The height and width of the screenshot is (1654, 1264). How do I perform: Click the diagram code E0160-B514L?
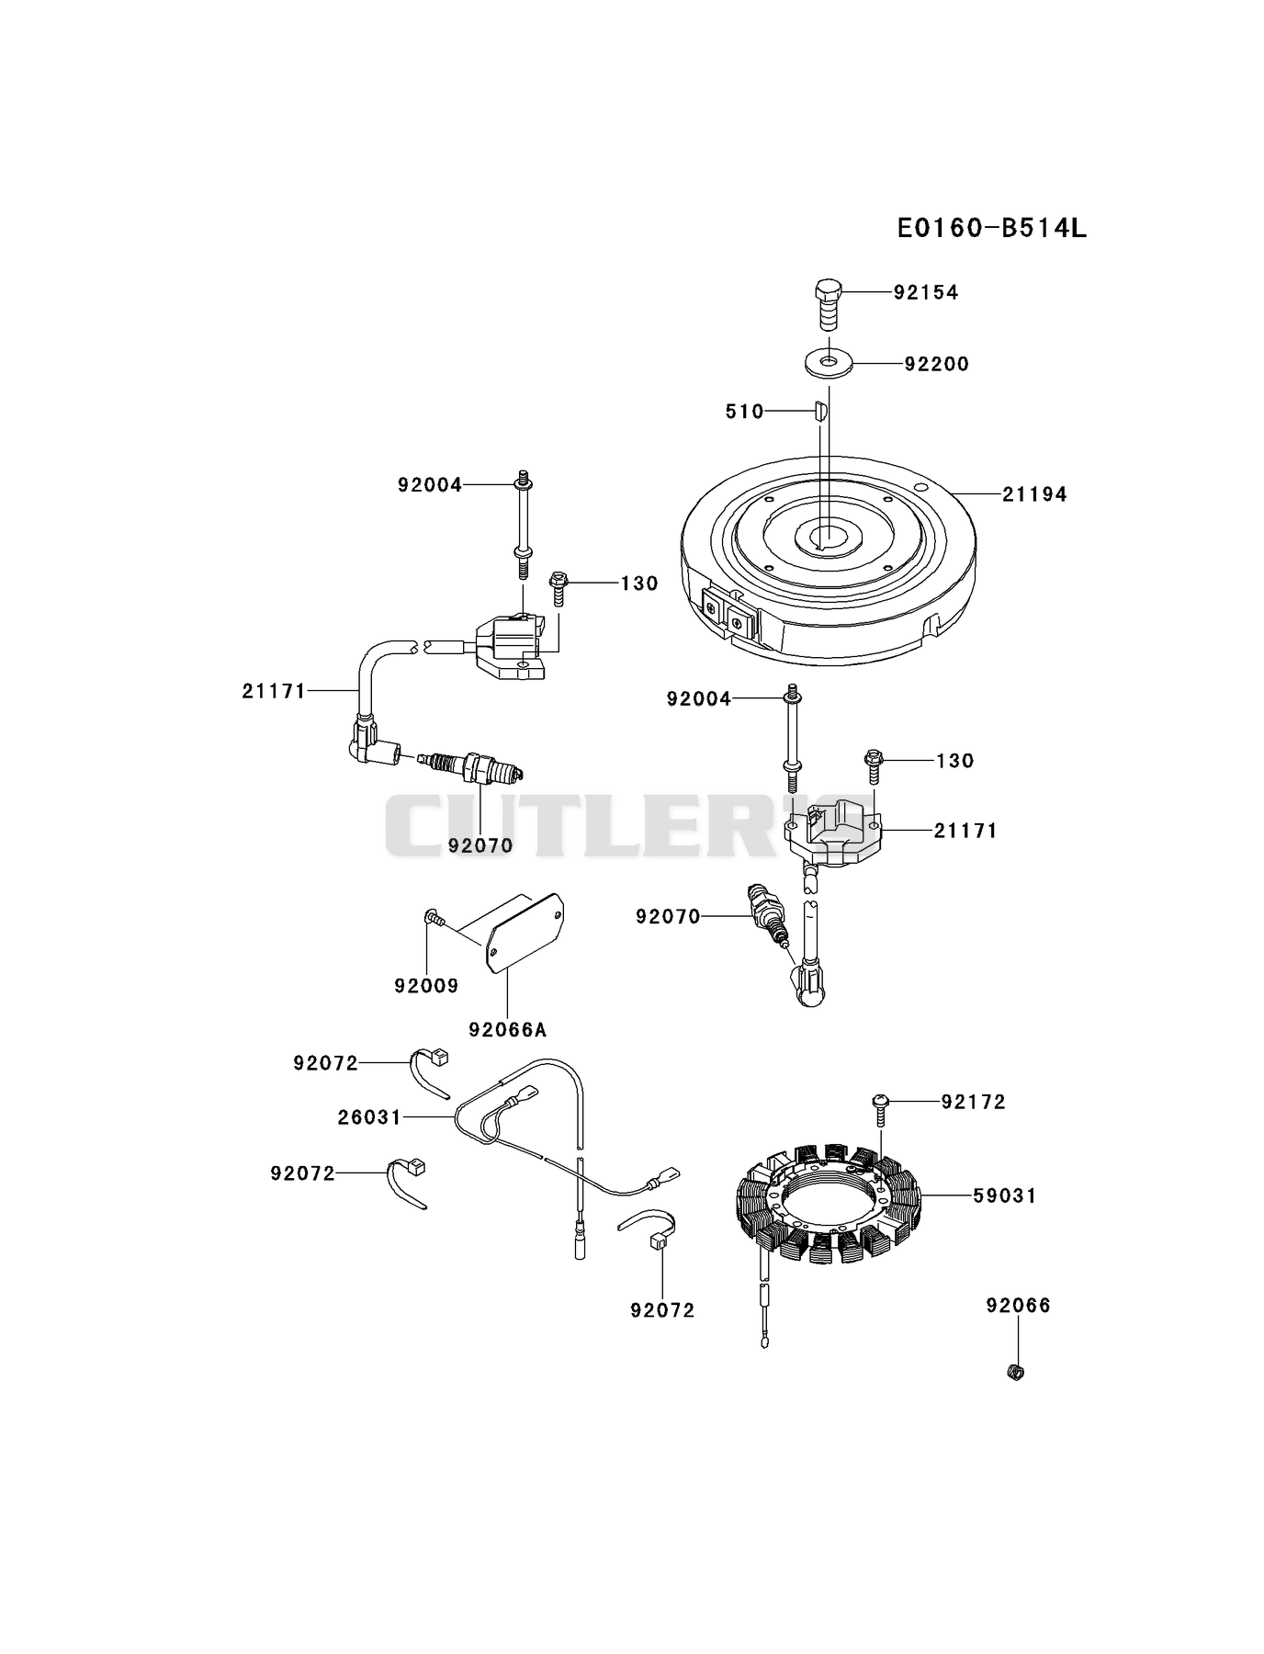[x=992, y=227]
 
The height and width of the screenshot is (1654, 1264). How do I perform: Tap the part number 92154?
[x=926, y=292]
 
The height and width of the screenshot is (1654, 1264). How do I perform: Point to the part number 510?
[x=745, y=412]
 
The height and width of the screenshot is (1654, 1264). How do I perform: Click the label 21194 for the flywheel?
[x=1034, y=494]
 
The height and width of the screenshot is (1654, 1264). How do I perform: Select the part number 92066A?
[x=507, y=1030]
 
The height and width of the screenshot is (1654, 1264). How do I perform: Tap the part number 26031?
[x=369, y=1117]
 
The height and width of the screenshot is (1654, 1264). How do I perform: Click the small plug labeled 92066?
[x=1016, y=1373]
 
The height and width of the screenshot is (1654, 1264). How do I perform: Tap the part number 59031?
[x=1004, y=1196]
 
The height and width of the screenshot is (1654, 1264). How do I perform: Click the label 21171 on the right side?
[x=965, y=831]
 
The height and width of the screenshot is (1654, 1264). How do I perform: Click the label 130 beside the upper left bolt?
[x=639, y=583]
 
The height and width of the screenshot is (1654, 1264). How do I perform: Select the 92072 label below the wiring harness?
[x=662, y=1311]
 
